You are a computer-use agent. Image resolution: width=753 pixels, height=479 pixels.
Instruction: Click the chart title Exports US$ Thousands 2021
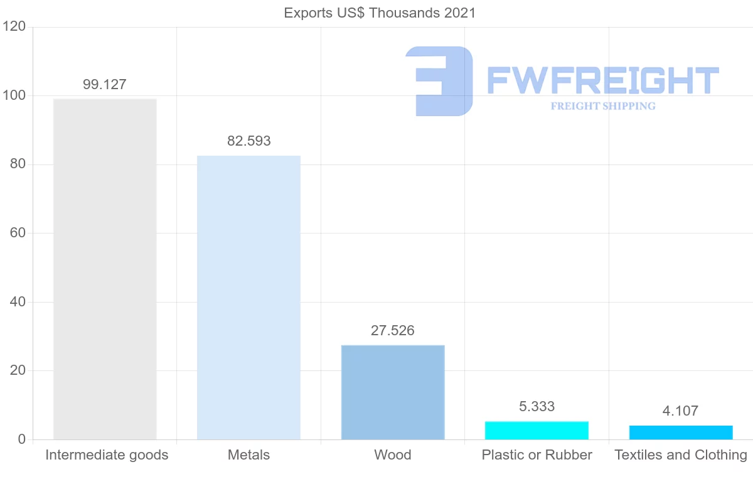380,13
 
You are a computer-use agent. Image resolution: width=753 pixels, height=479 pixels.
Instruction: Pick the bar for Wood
393,392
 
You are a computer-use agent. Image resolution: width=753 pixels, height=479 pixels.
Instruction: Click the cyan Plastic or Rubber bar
537,430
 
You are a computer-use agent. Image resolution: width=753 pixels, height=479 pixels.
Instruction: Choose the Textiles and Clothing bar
681,432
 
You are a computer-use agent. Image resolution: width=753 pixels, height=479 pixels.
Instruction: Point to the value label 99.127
105,85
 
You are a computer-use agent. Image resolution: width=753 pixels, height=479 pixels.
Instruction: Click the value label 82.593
249,141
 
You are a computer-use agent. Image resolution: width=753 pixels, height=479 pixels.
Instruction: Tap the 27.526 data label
393,331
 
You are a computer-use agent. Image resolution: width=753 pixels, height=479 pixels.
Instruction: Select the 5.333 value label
537,407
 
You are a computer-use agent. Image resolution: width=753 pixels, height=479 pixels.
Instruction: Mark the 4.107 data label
680,412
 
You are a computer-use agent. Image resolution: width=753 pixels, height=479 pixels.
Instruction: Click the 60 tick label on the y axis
18,234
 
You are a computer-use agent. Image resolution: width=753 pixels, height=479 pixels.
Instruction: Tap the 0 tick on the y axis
21,439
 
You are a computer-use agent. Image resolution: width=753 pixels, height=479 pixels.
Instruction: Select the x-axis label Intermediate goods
107,455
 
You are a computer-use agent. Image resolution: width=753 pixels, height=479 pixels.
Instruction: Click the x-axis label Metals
248,455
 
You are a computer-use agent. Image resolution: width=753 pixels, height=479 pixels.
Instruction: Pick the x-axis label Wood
393,455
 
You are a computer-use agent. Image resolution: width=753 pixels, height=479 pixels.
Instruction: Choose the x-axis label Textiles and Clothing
681,455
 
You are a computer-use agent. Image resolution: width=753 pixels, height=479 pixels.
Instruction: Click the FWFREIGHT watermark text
602,80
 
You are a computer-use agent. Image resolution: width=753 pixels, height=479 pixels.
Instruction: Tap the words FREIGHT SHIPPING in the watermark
603,106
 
